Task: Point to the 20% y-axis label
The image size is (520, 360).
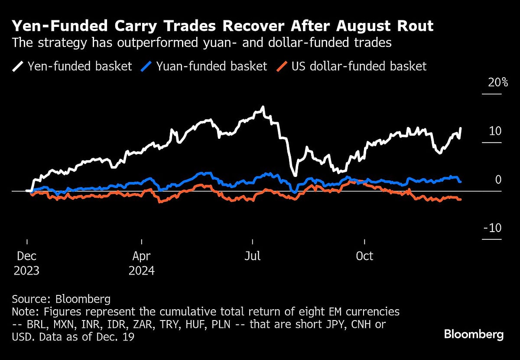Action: [x=498, y=82]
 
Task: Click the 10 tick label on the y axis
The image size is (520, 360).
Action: [x=495, y=131]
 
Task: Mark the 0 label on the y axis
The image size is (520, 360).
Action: [x=498, y=180]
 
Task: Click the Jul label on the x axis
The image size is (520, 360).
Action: [x=252, y=256]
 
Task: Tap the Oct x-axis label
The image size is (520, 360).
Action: [x=364, y=256]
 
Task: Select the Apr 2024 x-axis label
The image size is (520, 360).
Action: [x=142, y=263]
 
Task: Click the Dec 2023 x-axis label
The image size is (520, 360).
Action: [x=26, y=263]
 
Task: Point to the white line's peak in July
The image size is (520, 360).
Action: [x=262, y=107]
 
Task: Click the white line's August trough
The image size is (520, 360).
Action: [x=295, y=175]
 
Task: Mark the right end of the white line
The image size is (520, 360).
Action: [x=460, y=128]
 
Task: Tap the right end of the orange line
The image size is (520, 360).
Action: [x=460, y=200]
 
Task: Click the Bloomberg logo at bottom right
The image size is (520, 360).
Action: [x=474, y=334]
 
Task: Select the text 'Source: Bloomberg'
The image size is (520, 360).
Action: [x=61, y=299]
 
